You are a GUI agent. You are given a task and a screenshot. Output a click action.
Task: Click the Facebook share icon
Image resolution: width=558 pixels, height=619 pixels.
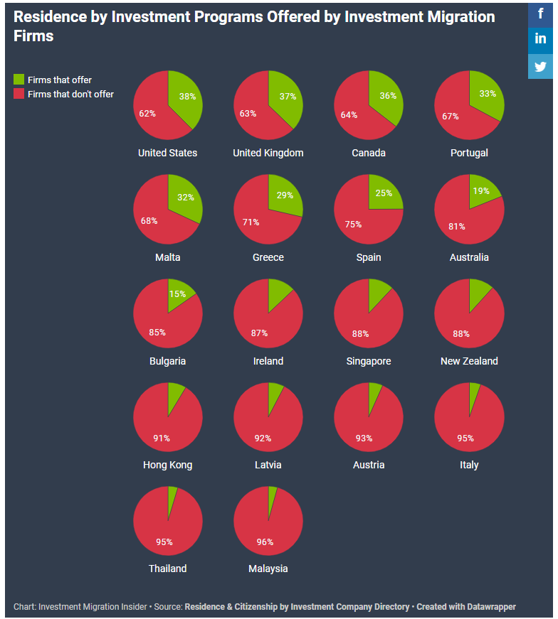click(x=540, y=13)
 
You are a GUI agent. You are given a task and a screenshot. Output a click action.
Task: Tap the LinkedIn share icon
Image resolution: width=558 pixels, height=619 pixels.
click(x=540, y=39)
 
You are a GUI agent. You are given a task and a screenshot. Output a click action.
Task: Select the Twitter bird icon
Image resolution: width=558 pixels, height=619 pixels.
click(x=540, y=66)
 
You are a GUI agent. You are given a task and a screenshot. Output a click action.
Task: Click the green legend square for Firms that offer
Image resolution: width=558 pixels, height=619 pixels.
click(x=19, y=80)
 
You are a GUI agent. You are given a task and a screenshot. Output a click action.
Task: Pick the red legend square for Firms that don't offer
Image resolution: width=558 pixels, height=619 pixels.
click(x=19, y=94)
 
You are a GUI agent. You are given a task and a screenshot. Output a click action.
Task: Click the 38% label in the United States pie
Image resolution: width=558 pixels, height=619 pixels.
click(x=187, y=97)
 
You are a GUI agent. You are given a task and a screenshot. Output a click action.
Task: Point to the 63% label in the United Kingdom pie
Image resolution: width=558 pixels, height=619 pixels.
click(x=248, y=113)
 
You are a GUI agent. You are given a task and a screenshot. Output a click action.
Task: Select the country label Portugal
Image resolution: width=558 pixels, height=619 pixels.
click(x=469, y=153)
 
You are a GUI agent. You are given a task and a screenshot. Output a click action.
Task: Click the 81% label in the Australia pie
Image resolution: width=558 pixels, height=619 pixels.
click(x=456, y=227)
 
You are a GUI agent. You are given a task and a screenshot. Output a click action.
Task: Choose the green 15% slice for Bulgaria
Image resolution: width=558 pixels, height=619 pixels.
click(x=179, y=297)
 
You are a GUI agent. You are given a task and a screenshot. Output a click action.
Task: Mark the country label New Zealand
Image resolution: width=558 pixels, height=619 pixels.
click(x=469, y=361)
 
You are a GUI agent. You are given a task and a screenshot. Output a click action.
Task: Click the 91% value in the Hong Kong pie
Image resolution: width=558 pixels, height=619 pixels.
click(x=162, y=438)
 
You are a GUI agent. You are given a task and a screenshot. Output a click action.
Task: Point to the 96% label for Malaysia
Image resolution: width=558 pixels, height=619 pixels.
click(x=265, y=542)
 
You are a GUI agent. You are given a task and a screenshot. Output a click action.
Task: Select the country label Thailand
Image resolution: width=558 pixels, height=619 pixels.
click(x=167, y=569)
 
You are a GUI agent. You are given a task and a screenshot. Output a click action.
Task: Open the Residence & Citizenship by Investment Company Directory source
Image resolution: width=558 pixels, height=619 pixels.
click(x=297, y=607)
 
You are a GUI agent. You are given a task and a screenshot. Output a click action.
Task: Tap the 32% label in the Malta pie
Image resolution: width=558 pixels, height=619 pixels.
click(x=185, y=198)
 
